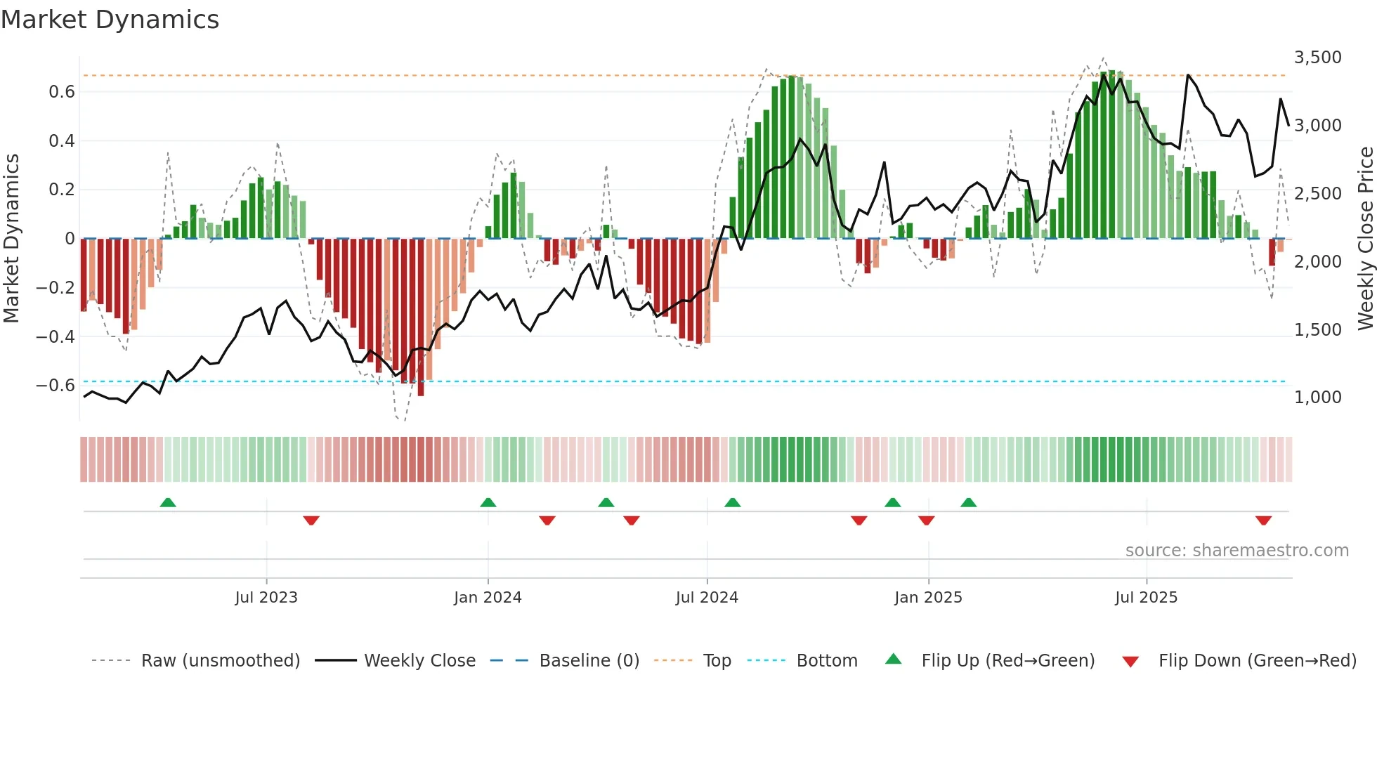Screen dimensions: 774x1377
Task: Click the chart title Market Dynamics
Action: point(110,20)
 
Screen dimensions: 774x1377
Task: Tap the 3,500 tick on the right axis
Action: point(1317,58)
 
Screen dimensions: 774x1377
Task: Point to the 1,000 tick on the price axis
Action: point(1317,398)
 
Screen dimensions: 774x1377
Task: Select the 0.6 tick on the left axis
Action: point(62,92)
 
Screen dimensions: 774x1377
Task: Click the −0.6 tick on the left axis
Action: point(56,386)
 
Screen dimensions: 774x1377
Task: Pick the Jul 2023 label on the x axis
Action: point(266,598)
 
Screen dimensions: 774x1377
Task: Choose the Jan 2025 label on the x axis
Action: point(928,598)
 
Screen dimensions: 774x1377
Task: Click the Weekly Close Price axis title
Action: point(1365,239)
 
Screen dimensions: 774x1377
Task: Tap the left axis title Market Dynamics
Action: point(11,239)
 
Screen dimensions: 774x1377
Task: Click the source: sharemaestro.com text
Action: point(1236,551)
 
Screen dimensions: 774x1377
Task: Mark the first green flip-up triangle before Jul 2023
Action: point(168,502)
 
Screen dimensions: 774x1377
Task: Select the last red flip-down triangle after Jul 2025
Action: point(1263,520)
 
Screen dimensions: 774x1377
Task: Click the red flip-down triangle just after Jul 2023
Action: point(311,520)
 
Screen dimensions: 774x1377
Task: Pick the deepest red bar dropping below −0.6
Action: point(421,317)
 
